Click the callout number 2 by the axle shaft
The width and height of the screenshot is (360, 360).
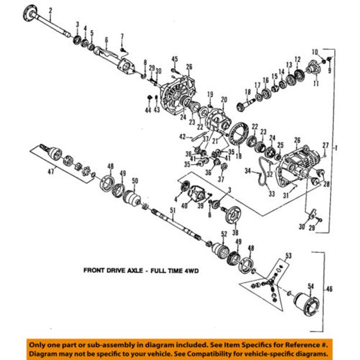coord(51,10)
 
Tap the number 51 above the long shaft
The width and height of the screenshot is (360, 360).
coord(172,210)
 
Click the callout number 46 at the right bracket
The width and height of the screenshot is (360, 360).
coord(329,290)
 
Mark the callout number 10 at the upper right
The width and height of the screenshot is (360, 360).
coord(315,52)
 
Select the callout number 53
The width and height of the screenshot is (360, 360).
coord(288,256)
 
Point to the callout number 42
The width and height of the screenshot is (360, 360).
coord(183,137)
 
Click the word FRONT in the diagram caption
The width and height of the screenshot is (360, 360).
coord(96,271)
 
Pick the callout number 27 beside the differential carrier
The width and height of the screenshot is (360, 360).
coord(324,145)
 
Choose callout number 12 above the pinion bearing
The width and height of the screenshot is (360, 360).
coord(298,59)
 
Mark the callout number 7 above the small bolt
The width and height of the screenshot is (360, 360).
coord(122,36)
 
